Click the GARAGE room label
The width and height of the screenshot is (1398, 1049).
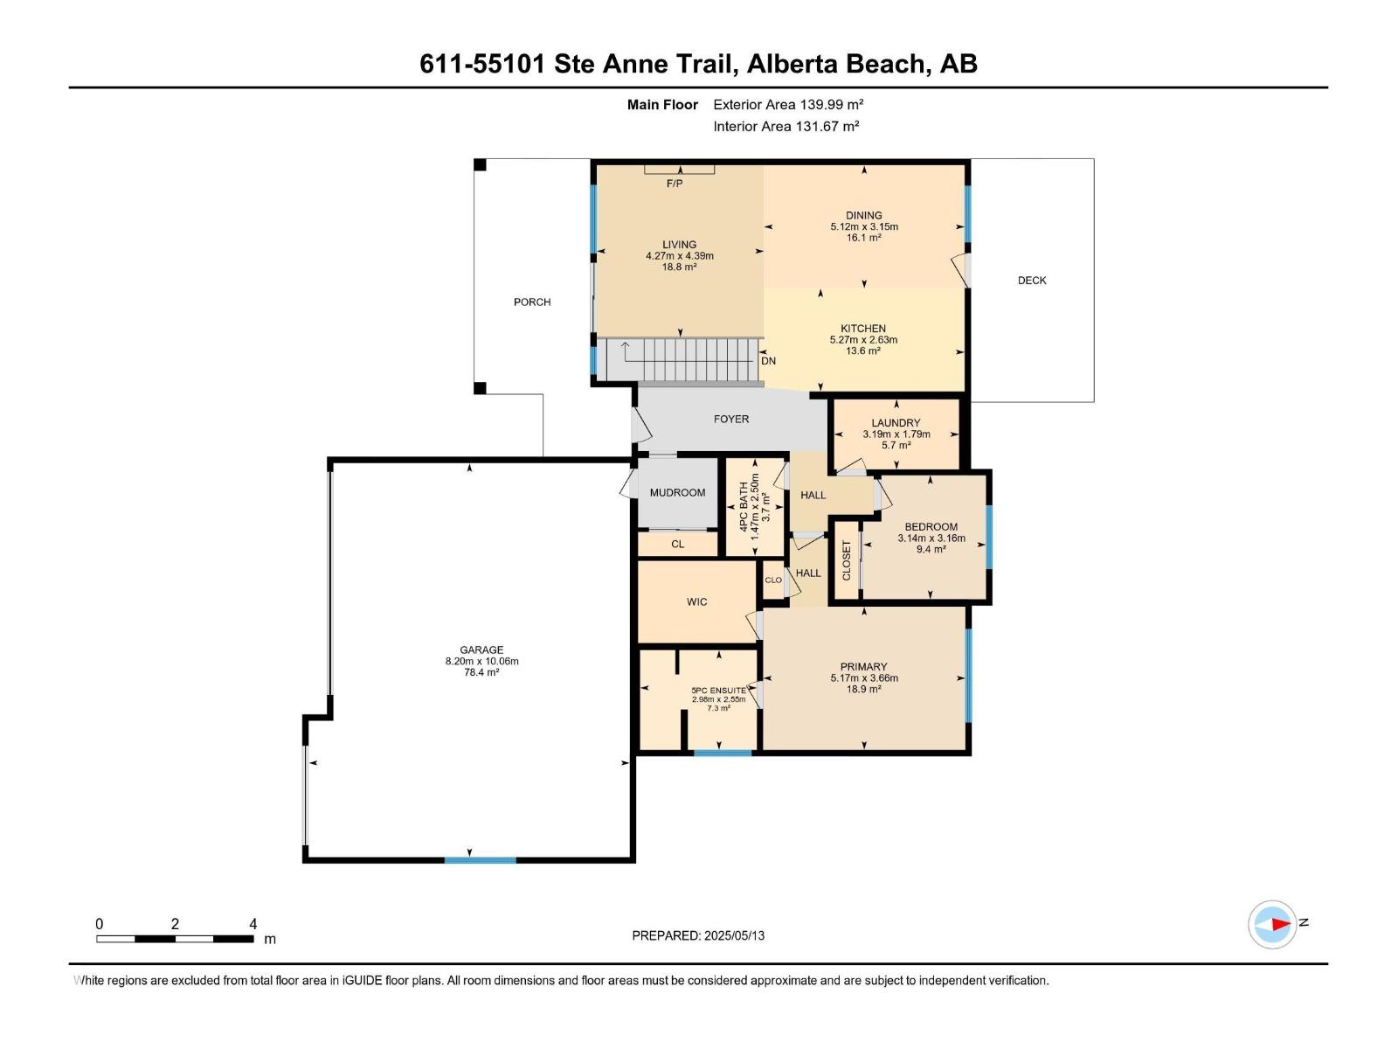[481, 650]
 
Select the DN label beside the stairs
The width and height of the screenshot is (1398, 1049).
[768, 361]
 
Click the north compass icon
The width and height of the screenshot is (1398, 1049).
[1272, 924]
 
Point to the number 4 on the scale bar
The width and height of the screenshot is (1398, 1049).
[253, 924]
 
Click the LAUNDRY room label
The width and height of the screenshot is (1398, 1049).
[896, 423]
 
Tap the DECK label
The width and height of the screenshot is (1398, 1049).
[1032, 281]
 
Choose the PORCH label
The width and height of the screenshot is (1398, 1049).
[532, 302]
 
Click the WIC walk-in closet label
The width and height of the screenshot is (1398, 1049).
[696, 602]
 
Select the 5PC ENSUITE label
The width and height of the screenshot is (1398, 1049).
[718, 691]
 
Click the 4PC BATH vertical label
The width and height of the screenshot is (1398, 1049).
[744, 507]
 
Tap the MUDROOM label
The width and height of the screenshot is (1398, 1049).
[677, 493]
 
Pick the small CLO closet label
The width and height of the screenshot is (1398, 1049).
[773, 580]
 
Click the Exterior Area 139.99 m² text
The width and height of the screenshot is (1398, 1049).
[788, 105]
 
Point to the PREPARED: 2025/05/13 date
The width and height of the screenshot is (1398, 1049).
[698, 935]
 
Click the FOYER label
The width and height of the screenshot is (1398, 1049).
[731, 420]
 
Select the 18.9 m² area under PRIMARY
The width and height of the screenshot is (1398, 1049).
[863, 689]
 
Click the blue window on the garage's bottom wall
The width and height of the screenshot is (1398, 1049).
[480, 860]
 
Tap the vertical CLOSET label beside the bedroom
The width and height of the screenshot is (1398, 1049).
[846, 560]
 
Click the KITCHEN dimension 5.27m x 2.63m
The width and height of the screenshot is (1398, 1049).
[863, 340]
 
